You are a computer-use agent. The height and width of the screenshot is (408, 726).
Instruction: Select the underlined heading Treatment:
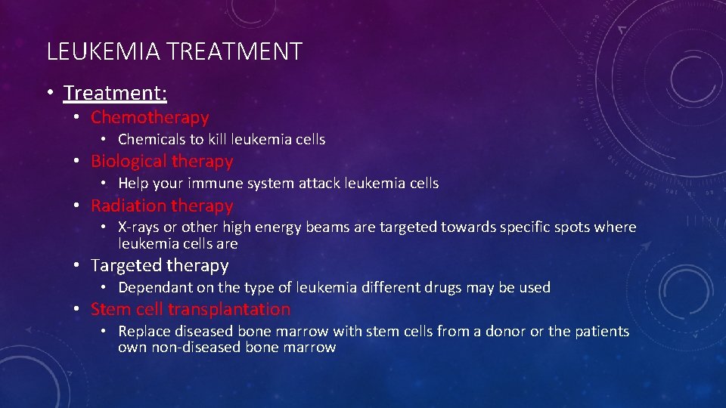tap(115, 93)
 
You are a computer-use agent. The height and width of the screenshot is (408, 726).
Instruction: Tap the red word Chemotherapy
tap(150, 117)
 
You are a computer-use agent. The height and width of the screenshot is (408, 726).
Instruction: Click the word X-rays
tap(138, 227)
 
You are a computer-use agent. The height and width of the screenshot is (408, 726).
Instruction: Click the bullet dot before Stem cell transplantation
tap(78, 309)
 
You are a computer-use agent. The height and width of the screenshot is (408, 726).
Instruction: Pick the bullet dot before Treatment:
tap(48, 93)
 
